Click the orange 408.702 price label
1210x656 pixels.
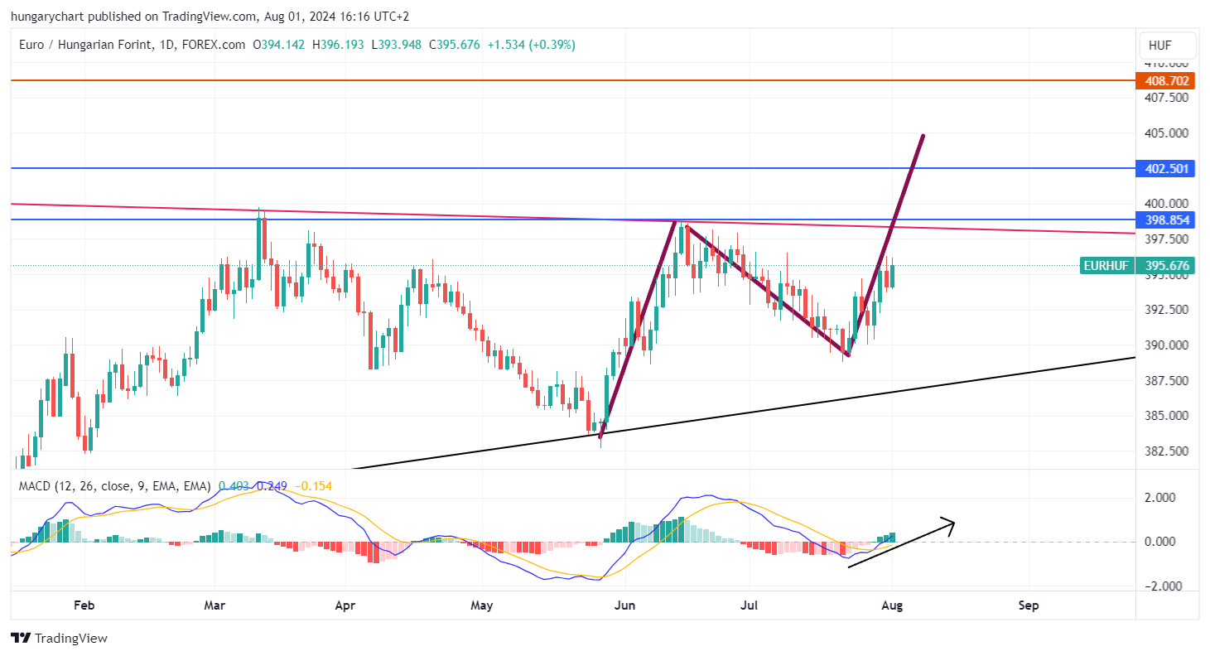[1166, 80]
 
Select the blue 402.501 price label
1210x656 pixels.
[1166, 168]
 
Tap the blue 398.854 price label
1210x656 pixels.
[1166, 219]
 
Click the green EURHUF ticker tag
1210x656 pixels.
[1106, 266]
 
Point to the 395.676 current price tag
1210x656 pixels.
[1166, 266]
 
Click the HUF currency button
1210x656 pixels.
[1166, 45]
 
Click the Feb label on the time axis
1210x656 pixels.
[84, 605]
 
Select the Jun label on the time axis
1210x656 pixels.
[625, 605]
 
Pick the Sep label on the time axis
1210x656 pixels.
[1029, 605]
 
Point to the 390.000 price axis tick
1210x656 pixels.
[1166, 345]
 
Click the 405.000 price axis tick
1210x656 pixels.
[1166, 133]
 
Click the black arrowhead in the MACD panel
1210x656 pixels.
[951, 523]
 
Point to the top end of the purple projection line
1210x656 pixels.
[923, 135]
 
